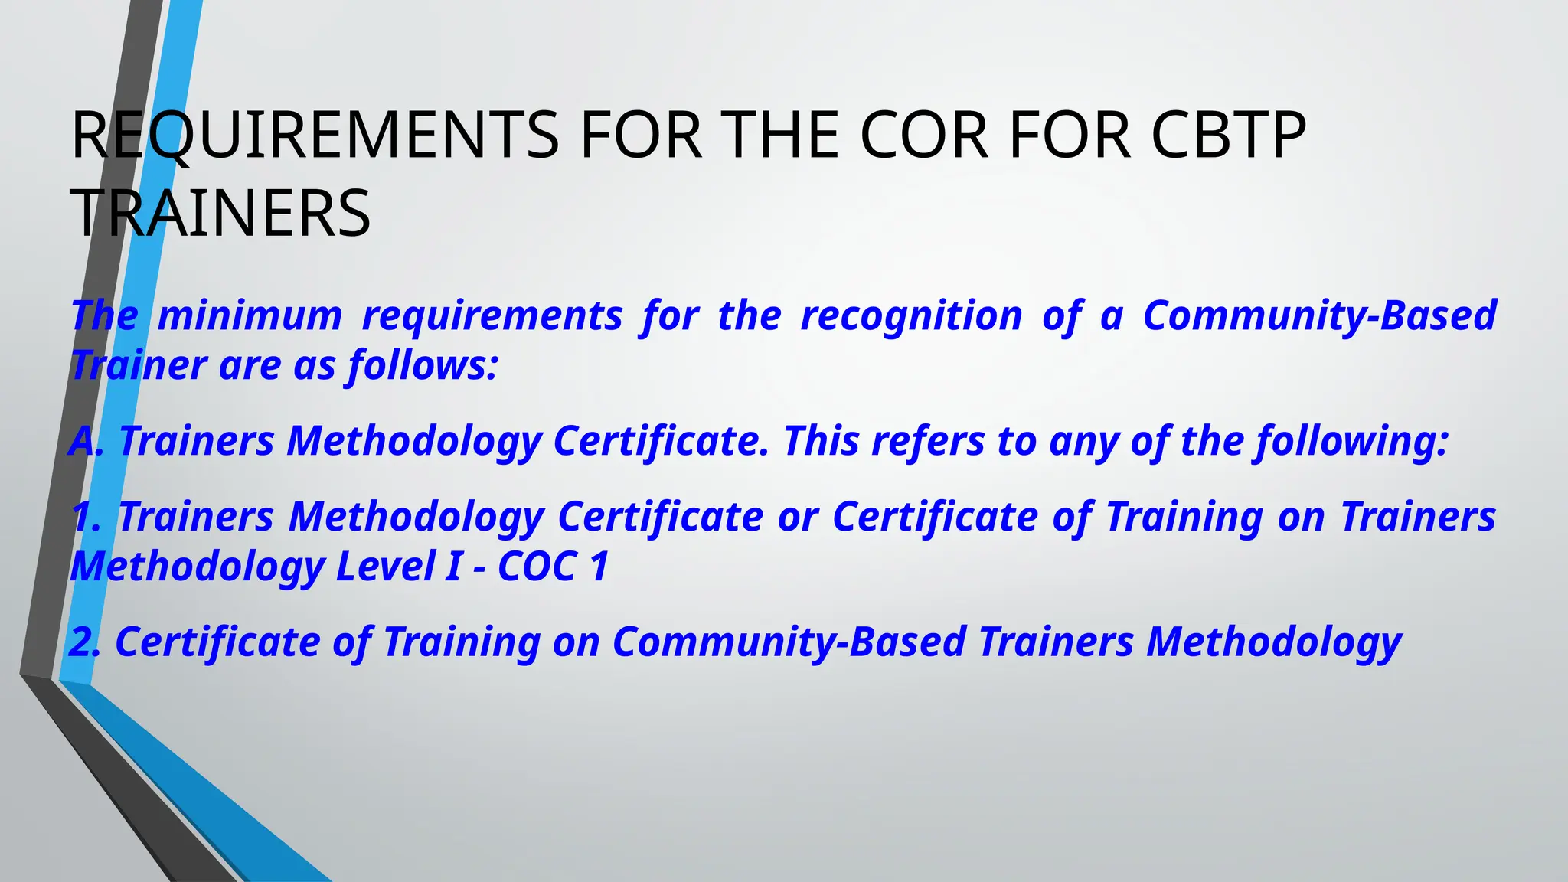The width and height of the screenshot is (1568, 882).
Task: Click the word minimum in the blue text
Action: click(250, 315)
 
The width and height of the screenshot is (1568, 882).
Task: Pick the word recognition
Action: click(911, 315)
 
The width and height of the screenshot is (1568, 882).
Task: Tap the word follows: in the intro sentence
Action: click(423, 365)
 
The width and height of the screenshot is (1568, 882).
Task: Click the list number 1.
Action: click(86, 517)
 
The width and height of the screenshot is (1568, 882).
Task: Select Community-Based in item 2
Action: click(789, 642)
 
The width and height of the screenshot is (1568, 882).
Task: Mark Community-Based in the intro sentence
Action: click(1320, 315)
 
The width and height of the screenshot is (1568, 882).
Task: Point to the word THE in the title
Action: click(782, 136)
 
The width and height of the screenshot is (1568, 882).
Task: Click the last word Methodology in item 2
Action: click(1274, 642)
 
